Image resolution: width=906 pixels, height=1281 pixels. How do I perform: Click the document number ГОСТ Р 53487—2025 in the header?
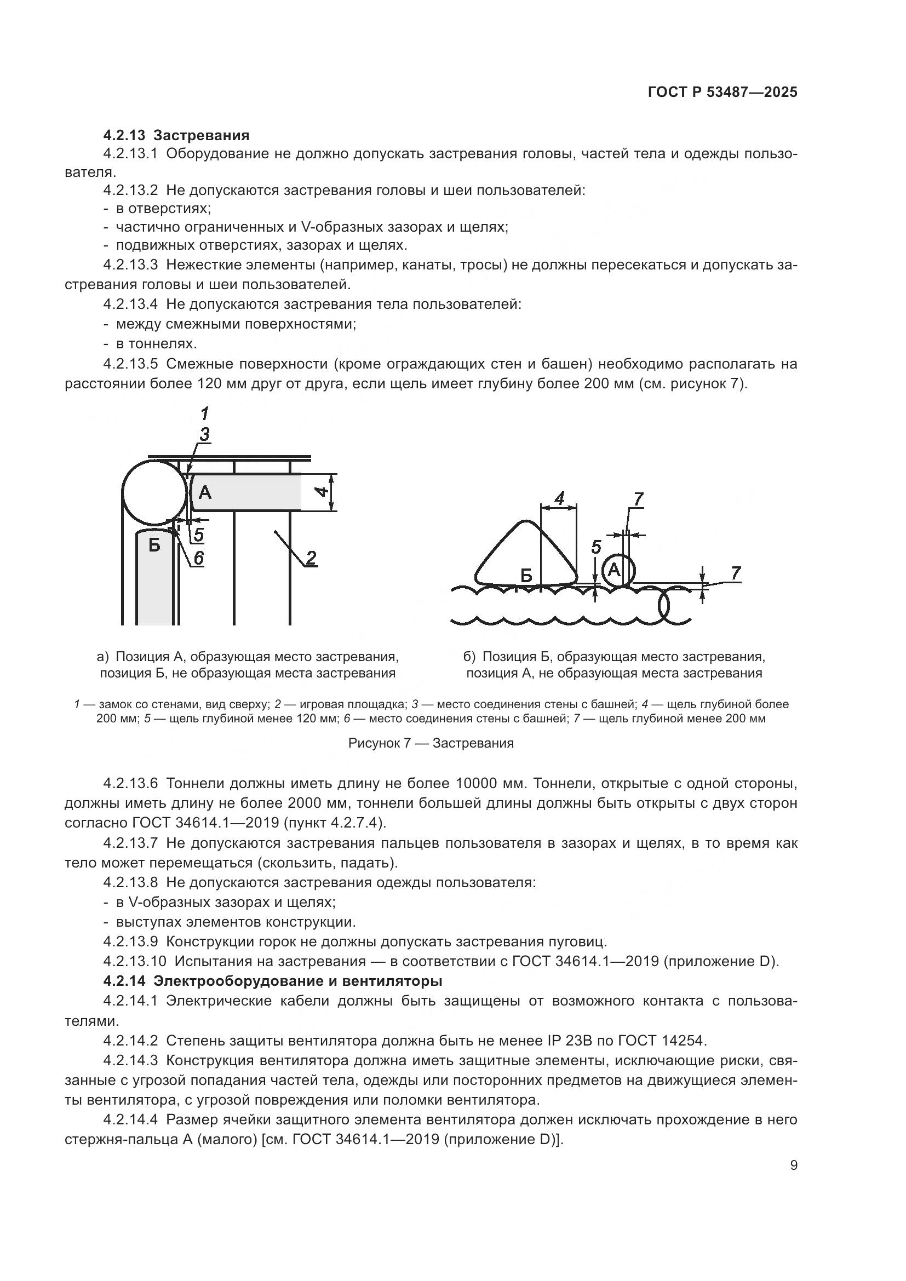(x=722, y=93)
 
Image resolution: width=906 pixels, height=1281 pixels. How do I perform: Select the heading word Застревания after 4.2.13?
(x=201, y=135)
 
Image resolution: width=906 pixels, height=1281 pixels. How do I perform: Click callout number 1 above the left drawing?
(x=204, y=413)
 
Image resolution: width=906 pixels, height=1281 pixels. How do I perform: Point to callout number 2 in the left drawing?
(x=311, y=558)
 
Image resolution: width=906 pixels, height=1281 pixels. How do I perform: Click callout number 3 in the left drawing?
(x=204, y=434)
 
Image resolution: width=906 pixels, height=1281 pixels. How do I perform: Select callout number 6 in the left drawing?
(x=198, y=558)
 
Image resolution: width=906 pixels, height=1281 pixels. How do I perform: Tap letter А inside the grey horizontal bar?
(x=205, y=492)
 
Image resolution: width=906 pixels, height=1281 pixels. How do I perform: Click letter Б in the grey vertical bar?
(x=154, y=544)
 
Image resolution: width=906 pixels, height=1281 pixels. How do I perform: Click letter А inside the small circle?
(x=613, y=570)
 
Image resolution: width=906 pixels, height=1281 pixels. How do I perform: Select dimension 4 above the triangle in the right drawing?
(x=560, y=497)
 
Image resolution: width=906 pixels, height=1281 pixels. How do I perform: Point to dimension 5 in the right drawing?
(x=596, y=547)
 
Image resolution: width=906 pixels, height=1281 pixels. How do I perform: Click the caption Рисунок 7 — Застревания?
(x=431, y=743)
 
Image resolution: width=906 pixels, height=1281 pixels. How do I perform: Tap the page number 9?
(x=794, y=1165)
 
